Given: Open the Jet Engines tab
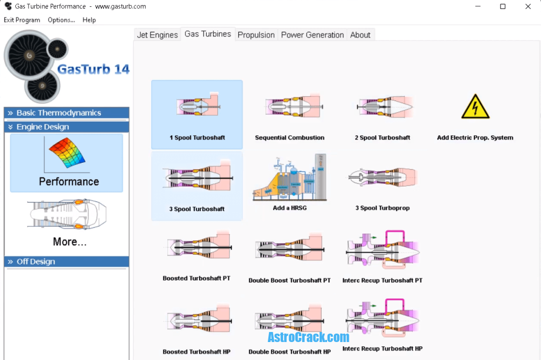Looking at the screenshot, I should click(x=157, y=35).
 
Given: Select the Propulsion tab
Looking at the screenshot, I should click(x=256, y=35).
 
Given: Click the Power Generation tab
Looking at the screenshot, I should click(x=312, y=35).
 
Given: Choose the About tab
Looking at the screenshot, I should click(x=360, y=35).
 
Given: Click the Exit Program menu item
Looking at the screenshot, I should click(x=22, y=20).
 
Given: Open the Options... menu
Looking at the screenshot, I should click(x=61, y=20).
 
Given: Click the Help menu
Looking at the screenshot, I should click(x=89, y=20).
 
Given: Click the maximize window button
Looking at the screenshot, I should click(x=502, y=6).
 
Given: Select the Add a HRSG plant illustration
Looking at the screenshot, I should click(x=290, y=178).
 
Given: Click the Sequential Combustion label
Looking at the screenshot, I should click(x=290, y=137).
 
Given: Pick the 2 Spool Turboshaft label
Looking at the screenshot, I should click(x=383, y=137).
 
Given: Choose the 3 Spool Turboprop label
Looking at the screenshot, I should click(x=383, y=208).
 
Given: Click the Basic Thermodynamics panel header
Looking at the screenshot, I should click(x=59, y=113).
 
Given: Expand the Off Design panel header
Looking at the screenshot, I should click(x=36, y=262).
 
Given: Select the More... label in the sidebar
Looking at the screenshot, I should click(x=69, y=242).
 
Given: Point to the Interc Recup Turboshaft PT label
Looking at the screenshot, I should click(x=383, y=280).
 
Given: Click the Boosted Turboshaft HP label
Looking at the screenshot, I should click(x=197, y=352).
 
